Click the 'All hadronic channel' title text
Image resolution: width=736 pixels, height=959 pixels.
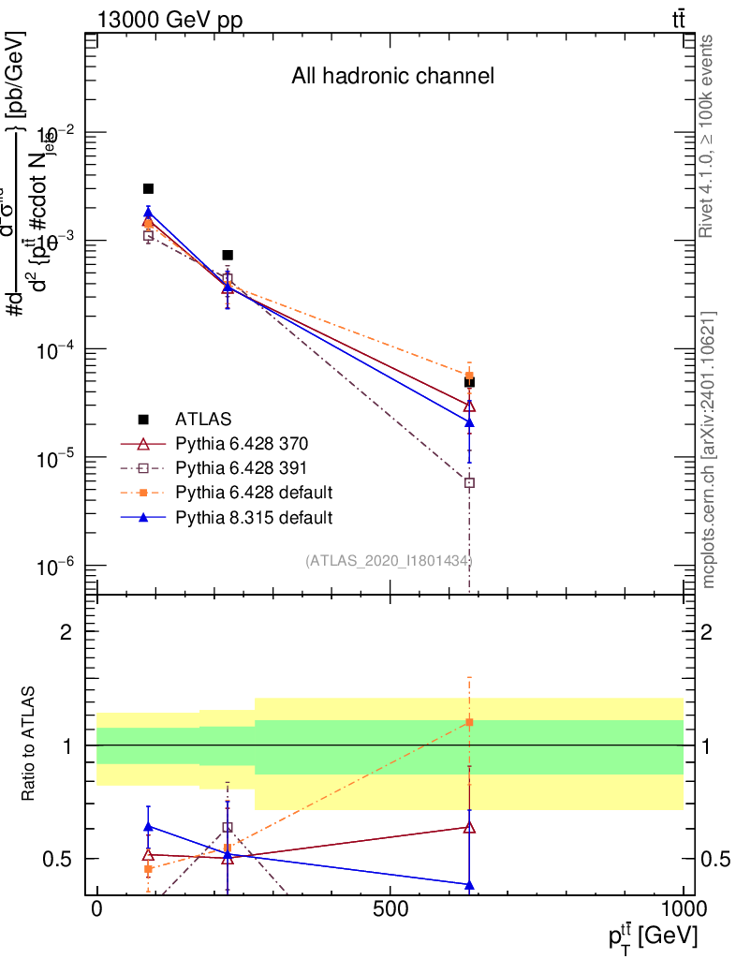[392, 77]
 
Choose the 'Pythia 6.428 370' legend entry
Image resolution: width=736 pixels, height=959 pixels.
[242, 443]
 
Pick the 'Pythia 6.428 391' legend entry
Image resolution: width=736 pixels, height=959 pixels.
[242, 467]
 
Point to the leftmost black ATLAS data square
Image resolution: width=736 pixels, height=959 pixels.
[148, 189]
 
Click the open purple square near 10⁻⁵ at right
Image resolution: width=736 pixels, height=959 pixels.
[469, 483]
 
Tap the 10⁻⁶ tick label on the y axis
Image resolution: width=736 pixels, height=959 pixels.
[53, 566]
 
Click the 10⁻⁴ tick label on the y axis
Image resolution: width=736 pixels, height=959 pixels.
[53, 349]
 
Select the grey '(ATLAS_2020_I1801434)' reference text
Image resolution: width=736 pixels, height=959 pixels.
[389, 561]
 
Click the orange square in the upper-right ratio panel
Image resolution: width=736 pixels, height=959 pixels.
[469, 722]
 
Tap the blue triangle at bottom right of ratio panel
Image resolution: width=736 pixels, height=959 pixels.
[469, 885]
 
